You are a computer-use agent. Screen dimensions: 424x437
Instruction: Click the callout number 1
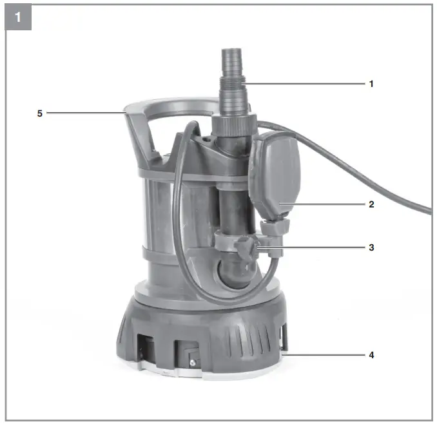371,84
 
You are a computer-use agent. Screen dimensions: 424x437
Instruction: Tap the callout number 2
371,204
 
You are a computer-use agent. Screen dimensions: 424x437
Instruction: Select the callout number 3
371,247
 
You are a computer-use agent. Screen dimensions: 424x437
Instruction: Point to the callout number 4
371,355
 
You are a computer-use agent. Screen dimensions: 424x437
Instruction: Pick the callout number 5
40,113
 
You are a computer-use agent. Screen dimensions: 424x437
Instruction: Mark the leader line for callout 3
316,247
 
